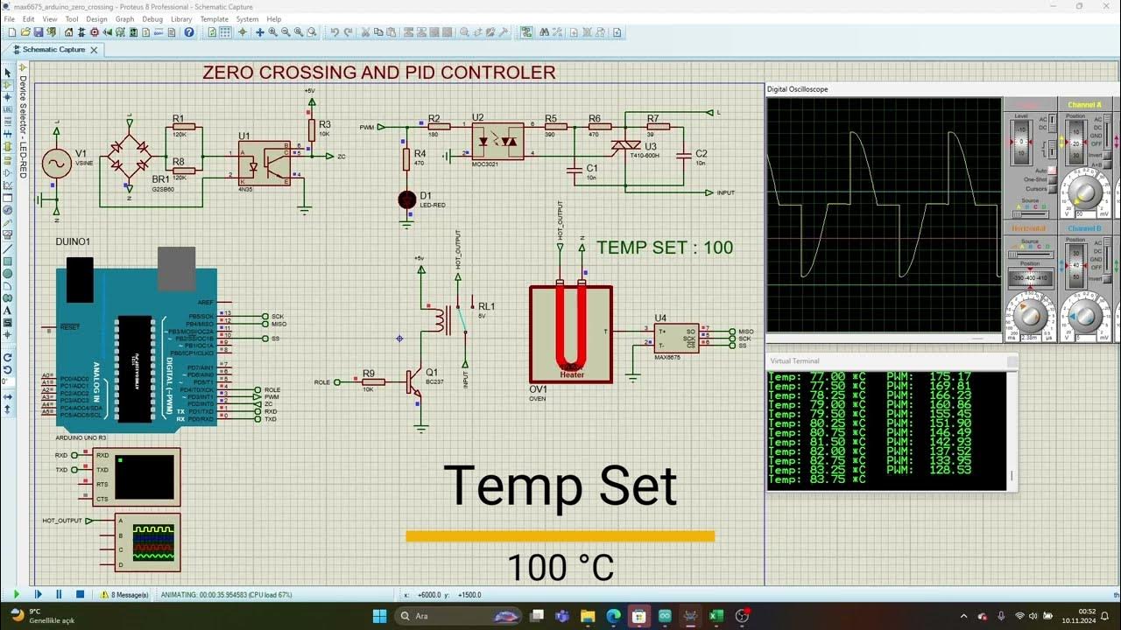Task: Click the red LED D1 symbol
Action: (x=406, y=200)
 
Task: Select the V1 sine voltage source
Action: (x=57, y=164)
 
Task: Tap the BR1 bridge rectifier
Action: (x=129, y=158)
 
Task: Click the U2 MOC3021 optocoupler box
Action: (x=497, y=140)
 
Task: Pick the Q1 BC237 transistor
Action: (x=414, y=382)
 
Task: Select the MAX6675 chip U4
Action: (x=676, y=338)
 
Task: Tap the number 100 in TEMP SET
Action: (x=718, y=248)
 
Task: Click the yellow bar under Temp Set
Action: (x=560, y=536)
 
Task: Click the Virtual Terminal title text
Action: (x=794, y=360)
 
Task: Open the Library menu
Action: (x=181, y=18)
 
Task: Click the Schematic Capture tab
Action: (x=53, y=50)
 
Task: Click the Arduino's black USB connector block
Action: (x=80, y=279)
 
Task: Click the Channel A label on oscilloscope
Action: (x=1084, y=105)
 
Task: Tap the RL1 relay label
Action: (x=486, y=306)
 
